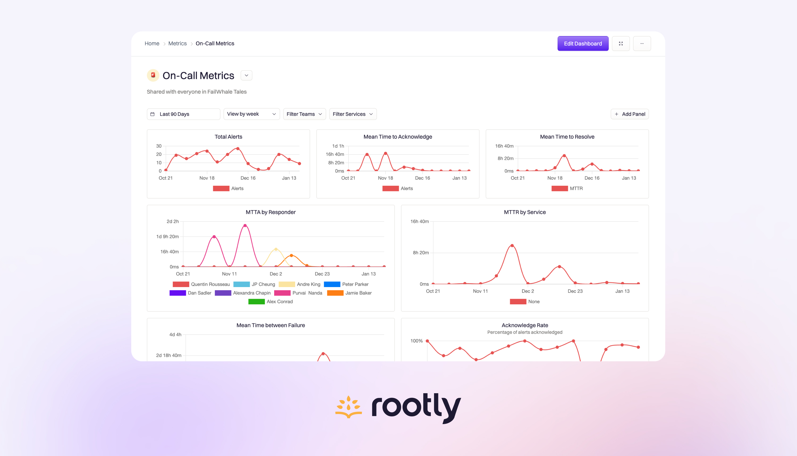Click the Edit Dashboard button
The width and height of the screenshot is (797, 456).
point(583,44)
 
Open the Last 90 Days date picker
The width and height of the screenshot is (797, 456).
point(183,114)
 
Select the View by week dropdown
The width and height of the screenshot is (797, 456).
point(251,114)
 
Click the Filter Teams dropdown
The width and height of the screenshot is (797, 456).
point(304,114)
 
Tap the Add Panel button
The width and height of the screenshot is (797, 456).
point(629,114)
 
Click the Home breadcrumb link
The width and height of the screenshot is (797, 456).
point(152,44)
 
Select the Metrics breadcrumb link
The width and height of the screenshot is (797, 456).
point(177,44)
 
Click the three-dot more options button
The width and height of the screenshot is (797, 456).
point(642,44)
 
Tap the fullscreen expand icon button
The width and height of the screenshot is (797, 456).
point(621,44)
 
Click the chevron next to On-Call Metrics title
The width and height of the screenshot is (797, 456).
point(246,76)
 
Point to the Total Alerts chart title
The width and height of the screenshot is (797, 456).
point(228,136)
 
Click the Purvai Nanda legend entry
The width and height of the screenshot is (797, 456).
point(298,293)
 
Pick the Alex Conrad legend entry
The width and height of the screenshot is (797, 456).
point(270,302)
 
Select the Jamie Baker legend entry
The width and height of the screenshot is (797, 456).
point(349,293)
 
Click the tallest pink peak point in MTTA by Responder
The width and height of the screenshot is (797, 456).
point(245,226)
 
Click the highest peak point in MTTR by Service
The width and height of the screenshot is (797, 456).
point(512,246)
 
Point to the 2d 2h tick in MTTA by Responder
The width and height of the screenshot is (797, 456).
point(173,221)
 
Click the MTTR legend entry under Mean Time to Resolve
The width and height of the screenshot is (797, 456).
point(567,188)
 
